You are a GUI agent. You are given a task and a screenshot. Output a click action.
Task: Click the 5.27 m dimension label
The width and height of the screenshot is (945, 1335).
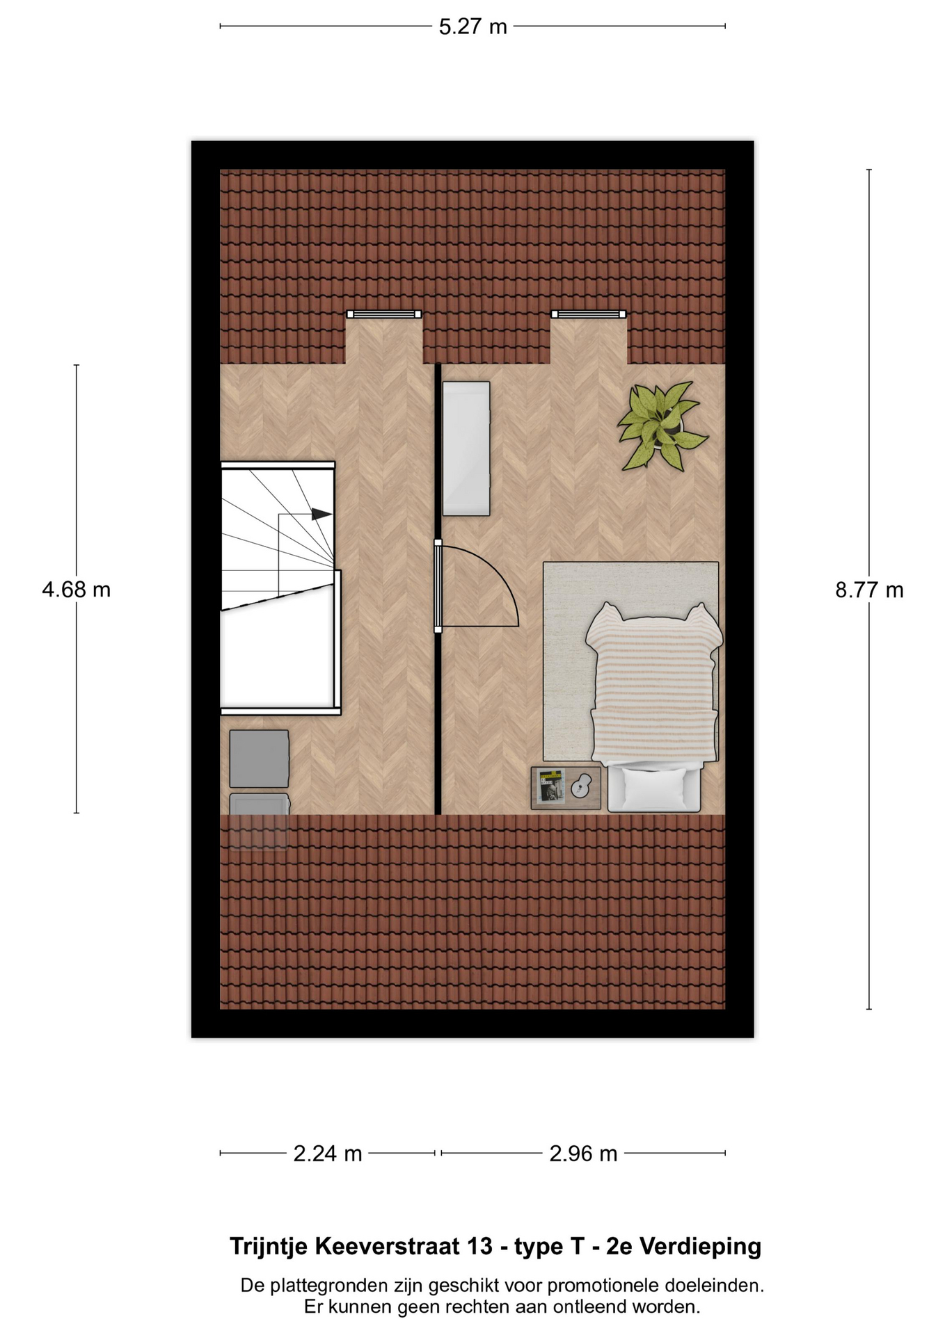pos(472,27)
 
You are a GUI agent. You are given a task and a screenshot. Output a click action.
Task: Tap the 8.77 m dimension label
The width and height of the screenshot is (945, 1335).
pos(869,590)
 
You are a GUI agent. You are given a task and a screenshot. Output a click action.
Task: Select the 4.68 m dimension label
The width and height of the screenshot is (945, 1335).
pos(76,590)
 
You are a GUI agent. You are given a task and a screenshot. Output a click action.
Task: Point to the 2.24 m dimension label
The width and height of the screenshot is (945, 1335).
pos(328,1154)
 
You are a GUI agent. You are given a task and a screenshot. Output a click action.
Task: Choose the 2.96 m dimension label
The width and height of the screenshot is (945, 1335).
pos(583,1154)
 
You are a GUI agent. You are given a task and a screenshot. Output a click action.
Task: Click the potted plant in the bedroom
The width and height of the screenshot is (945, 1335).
pos(661,425)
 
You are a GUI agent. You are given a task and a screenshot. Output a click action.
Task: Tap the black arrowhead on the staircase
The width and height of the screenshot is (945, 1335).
pos(321,514)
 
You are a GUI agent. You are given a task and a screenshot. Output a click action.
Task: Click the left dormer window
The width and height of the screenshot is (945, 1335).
pos(384,314)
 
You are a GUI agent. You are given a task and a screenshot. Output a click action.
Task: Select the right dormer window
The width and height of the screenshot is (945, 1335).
pos(589,314)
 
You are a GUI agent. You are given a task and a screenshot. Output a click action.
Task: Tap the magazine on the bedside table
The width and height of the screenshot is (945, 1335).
pos(551,786)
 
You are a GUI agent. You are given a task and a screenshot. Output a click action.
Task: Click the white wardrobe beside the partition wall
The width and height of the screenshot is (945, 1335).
pos(466,448)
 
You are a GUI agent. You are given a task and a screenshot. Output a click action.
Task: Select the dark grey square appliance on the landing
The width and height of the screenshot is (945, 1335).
pos(259,759)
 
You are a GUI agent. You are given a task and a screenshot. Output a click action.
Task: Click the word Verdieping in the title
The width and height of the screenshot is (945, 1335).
pos(700,1247)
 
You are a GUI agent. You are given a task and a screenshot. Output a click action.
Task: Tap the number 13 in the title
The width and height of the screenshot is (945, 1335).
pos(480,1246)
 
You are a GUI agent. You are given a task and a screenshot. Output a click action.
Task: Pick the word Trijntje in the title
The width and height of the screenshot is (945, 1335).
pos(268,1247)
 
